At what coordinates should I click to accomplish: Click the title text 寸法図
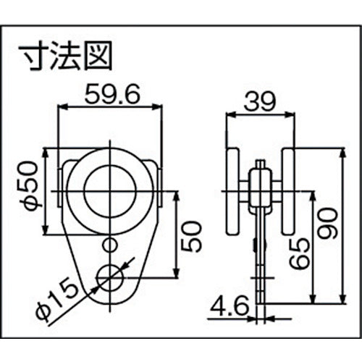click(x=66, y=56)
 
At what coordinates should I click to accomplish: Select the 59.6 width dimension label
click(x=112, y=95)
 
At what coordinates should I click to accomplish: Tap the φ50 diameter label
click(x=32, y=186)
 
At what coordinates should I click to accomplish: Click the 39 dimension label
click(x=259, y=101)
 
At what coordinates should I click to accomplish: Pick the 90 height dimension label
click(x=327, y=224)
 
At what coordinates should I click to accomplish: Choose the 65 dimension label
click(x=300, y=253)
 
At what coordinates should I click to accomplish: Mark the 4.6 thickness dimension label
click(x=230, y=306)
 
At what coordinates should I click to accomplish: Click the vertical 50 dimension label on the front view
click(x=191, y=237)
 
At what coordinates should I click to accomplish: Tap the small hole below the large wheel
click(x=110, y=245)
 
